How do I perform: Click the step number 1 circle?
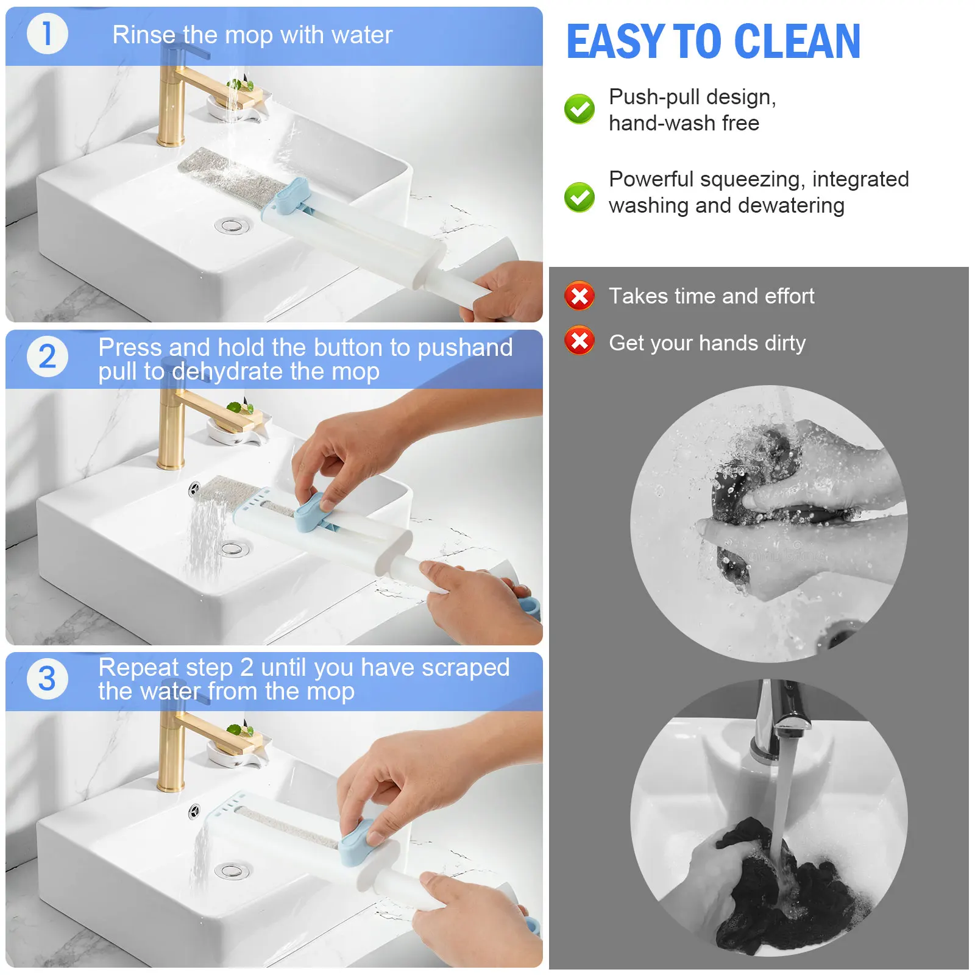pos(47,34)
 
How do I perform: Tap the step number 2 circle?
pos(47,356)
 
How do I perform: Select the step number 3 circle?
pos(47,679)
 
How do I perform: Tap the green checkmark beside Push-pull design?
pos(579,109)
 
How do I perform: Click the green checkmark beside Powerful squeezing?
pos(579,197)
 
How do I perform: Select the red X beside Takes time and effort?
pos(579,296)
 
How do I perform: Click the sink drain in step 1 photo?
pos(232,226)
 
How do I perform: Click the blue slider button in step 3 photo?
pos(355,843)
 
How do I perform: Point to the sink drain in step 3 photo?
pos(232,871)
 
